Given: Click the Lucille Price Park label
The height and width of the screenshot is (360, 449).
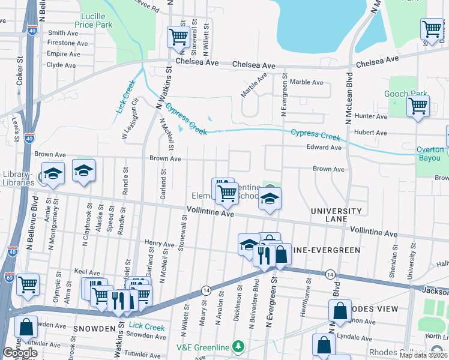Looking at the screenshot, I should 93,20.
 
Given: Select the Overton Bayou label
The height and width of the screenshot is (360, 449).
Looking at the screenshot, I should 433,154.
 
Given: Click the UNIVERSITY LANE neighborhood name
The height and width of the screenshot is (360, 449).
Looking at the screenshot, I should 336,215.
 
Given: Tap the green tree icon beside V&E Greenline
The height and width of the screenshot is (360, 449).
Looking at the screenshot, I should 239,347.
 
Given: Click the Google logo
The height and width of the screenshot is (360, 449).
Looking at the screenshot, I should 20,353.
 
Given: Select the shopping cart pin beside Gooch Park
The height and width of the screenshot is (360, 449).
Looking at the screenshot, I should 418,107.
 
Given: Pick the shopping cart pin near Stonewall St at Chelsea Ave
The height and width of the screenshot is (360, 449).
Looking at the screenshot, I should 178,37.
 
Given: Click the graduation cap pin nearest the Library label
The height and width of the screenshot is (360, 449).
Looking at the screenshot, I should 53,174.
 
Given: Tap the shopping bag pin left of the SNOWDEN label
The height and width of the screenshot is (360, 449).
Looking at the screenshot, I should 26,327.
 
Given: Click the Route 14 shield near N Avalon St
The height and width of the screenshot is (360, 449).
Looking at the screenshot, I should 205,290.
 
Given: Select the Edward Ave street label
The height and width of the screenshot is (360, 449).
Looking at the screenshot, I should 324,147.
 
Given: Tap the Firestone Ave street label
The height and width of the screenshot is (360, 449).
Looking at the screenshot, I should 64,43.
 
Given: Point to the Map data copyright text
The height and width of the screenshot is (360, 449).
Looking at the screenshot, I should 424,355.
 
